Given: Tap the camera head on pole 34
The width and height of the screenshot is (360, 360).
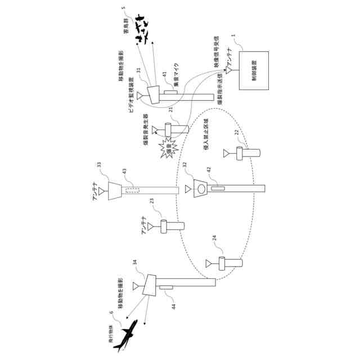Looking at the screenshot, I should [x=150, y=285].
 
